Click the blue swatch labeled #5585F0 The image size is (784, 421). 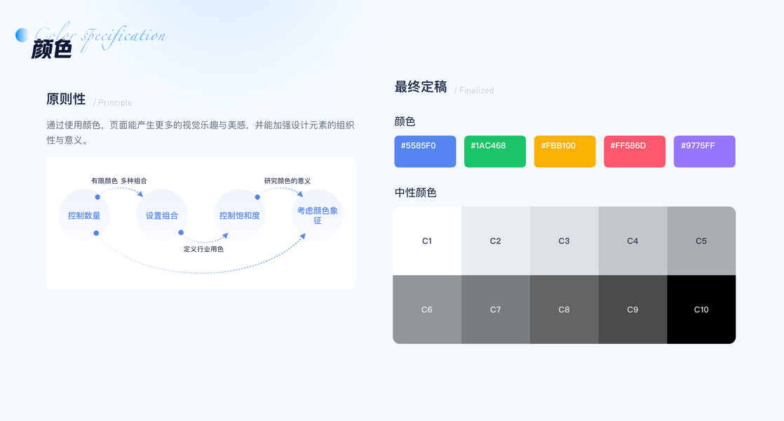pyautogui.click(x=425, y=152)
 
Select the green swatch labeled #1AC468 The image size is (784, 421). pyautogui.click(x=494, y=152)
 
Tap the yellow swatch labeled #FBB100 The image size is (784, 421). pyautogui.click(x=565, y=152)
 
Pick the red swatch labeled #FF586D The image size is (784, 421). pyautogui.click(x=634, y=152)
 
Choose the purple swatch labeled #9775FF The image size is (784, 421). pyautogui.click(x=704, y=152)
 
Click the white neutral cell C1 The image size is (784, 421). pyautogui.click(x=427, y=241)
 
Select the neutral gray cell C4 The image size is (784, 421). pyautogui.click(x=633, y=241)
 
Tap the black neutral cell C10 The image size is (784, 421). pyautogui.click(x=701, y=309)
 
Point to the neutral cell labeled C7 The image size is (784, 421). pyautogui.click(x=496, y=309)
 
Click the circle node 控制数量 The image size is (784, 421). pyautogui.click(x=84, y=215)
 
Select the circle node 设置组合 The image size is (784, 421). pyautogui.click(x=162, y=215)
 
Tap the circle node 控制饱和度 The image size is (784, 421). pyautogui.click(x=239, y=215)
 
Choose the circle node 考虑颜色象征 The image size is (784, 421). pyautogui.click(x=318, y=215)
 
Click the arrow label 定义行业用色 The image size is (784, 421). pyautogui.click(x=203, y=249)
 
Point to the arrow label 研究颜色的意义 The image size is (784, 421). pyautogui.click(x=287, y=181)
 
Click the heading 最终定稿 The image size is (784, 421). pyautogui.click(x=421, y=87)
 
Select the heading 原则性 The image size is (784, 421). pyautogui.click(x=66, y=100)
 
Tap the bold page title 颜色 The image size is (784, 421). pyautogui.click(x=51, y=49)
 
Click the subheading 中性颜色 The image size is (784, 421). pyautogui.click(x=415, y=192)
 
